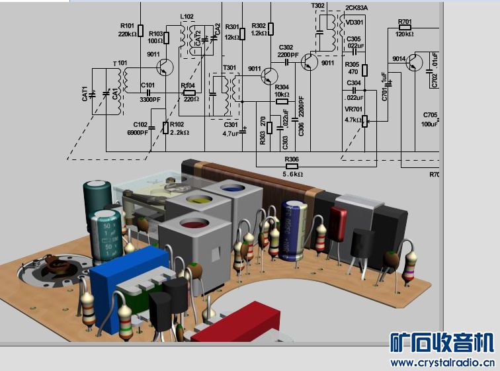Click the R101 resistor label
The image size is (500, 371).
click(x=127, y=26)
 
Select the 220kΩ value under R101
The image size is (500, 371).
click(x=128, y=34)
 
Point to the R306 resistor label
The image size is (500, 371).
click(x=292, y=159)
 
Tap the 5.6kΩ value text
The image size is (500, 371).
click(x=292, y=174)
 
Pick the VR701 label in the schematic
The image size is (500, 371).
click(x=353, y=110)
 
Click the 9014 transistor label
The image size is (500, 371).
click(x=399, y=59)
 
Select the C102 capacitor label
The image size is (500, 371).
click(x=140, y=124)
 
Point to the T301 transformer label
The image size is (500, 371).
click(x=229, y=67)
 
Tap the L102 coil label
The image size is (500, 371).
click(x=187, y=16)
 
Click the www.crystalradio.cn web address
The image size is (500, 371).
click(x=442, y=362)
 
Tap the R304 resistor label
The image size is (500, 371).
click(x=282, y=87)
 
